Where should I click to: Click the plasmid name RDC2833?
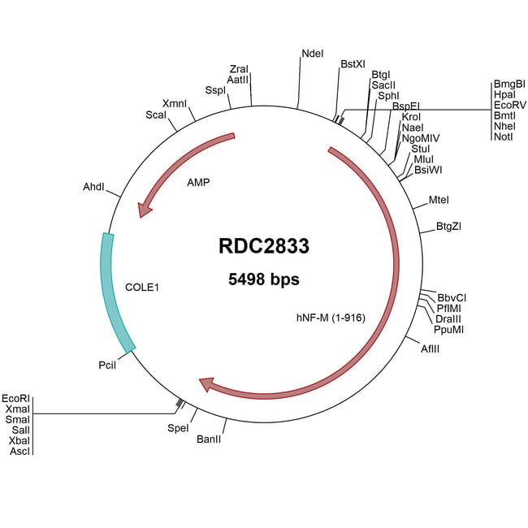(x=263, y=245)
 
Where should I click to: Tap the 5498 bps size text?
(x=263, y=279)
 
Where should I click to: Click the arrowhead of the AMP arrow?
(x=145, y=210)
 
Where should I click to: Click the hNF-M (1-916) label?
(x=329, y=318)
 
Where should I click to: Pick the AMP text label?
(x=198, y=183)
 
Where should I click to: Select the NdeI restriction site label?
(x=312, y=54)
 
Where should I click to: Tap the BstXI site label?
(x=353, y=63)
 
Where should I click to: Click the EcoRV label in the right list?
(x=510, y=106)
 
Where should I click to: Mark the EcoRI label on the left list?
(x=15, y=398)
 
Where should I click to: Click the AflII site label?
(x=431, y=348)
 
